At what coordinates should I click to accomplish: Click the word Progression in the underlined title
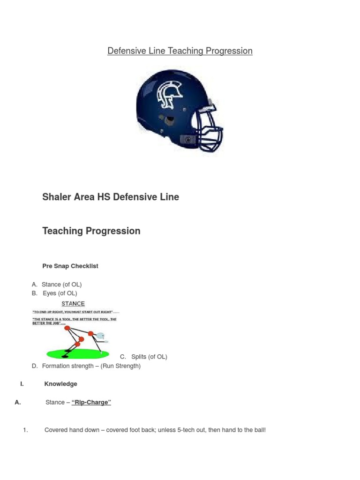(229, 51)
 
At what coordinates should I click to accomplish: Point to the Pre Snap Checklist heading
(70, 266)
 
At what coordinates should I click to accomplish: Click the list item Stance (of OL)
(61, 285)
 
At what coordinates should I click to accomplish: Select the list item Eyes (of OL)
(60, 293)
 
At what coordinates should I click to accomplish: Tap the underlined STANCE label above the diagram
(73, 304)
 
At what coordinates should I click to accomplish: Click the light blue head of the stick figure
(100, 336)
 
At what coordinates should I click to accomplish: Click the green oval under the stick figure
(78, 353)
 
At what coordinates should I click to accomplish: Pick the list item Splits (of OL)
(149, 357)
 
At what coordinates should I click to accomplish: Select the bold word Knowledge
(61, 384)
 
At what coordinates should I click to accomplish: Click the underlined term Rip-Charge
(91, 403)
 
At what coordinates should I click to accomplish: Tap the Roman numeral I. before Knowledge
(22, 384)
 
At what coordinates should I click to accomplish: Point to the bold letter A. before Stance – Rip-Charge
(18, 402)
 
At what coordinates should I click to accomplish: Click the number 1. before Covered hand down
(26, 430)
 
